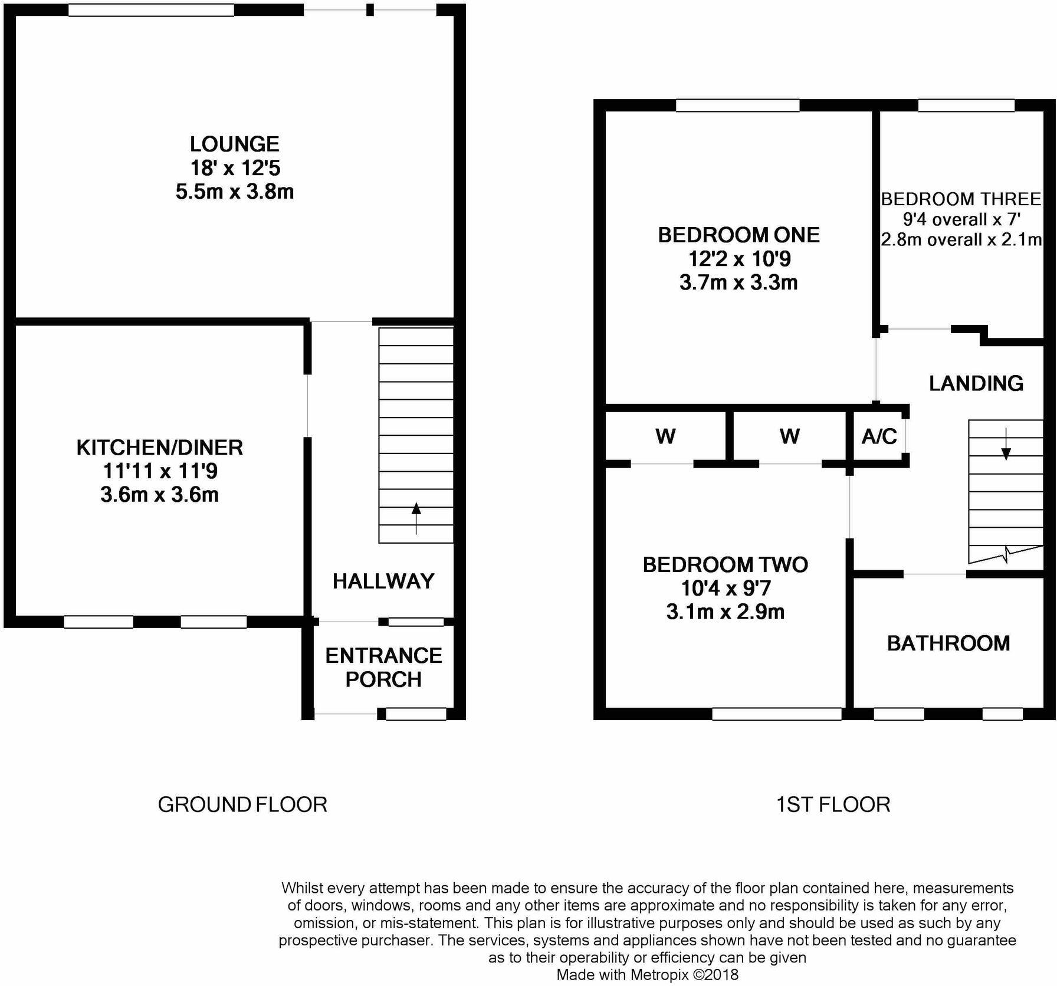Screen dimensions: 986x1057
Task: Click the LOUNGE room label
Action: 234,144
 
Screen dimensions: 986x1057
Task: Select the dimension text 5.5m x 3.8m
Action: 234,192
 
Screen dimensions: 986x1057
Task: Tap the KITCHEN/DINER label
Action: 159,448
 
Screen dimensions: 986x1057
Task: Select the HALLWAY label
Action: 383,581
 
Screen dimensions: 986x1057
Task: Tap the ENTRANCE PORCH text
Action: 383,668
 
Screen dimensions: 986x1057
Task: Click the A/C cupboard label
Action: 879,436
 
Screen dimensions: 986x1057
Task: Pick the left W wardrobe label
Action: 665,436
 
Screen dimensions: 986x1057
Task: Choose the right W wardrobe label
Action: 789,436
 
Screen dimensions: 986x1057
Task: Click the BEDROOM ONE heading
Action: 738,235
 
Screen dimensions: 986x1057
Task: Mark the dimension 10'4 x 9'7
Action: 726,588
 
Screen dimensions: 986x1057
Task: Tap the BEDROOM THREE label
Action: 961,199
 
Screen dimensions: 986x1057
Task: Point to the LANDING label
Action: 976,383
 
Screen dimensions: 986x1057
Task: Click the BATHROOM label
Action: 948,643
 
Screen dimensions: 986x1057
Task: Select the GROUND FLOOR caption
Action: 242,804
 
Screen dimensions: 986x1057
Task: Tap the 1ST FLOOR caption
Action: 833,804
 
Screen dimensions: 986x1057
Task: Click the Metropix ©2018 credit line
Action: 647,974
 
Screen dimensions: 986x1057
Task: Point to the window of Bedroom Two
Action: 777,714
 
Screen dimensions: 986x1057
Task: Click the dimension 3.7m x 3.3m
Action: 738,282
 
